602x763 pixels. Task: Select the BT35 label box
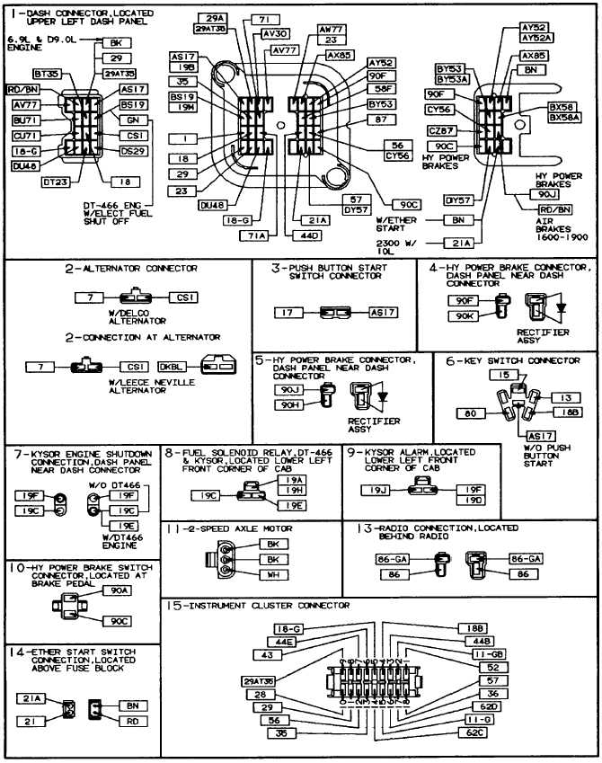coord(46,75)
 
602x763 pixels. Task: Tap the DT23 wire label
coord(57,182)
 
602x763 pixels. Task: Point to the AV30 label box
coord(275,33)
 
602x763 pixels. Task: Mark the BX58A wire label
coord(563,118)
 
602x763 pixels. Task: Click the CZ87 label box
coord(445,131)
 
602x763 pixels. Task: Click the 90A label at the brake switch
coord(117,590)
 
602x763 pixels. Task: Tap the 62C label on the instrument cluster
coord(474,733)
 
